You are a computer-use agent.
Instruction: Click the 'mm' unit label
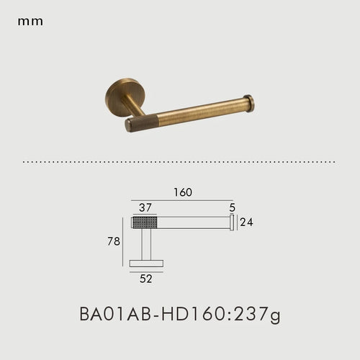(30, 22)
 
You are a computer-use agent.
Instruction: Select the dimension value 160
(182, 193)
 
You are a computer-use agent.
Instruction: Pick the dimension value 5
(232, 208)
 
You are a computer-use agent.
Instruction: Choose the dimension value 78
(113, 242)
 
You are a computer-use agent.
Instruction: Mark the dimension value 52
(146, 276)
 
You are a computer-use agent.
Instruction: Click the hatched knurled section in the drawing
(144, 222)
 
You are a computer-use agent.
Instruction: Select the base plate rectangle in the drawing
(146, 264)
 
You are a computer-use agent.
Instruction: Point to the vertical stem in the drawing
(146, 244)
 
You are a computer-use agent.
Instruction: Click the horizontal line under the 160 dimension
(182, 200)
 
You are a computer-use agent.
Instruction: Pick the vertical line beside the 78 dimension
(123, 242)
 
